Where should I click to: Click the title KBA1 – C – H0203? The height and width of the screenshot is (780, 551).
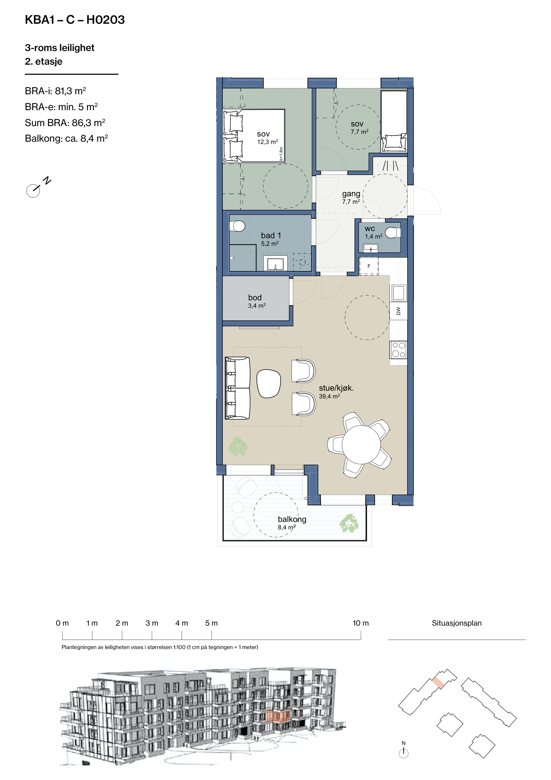click(75, 20)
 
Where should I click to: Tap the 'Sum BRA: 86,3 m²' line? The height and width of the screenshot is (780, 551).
click(65, 123)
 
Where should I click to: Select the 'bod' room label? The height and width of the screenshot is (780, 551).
click(255, 298)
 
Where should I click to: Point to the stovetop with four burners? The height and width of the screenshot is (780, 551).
click(398, 350)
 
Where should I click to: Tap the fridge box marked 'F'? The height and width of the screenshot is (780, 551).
click(369, 266)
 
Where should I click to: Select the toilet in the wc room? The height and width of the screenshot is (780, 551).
click(393, 233)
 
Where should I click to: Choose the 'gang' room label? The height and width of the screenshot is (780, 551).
click(351, 194)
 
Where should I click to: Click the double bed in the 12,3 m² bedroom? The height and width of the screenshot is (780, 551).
click(254, 136)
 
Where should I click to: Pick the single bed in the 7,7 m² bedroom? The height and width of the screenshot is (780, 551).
click(394, 121)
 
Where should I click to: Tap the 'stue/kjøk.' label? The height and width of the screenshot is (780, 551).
click(336, 388)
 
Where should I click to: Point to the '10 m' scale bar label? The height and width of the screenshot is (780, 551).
click(360, 623)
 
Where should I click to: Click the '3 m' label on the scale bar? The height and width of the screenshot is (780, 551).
click(152, 623)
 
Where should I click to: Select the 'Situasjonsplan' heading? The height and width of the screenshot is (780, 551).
click(457, 623)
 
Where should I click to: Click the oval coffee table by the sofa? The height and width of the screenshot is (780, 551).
click(269, 383)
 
